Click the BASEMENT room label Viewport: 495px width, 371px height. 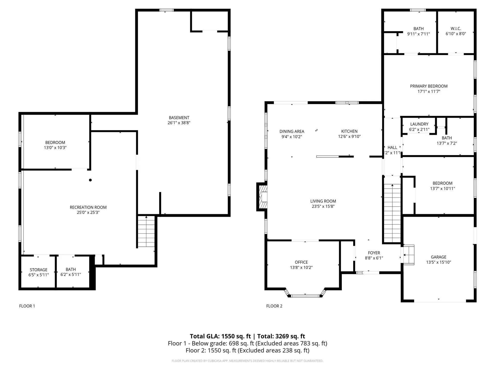[x=179, y=117]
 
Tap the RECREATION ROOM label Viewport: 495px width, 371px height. [x=88, y=207]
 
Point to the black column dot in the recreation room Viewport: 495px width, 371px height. [x=90, y=180]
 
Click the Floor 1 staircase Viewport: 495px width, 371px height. [x=146, y=232]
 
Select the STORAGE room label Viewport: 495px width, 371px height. [x=38, y=270]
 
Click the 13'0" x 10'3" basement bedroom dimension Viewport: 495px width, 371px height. [x=55, y=148]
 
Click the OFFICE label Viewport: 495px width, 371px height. [x=301, y=262]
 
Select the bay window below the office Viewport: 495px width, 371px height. [x=305, y=296]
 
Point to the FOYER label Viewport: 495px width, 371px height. [x=374, y=253]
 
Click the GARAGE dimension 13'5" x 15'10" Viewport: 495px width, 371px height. [x=438, y=262]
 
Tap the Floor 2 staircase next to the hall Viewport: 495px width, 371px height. [x=392, y=213]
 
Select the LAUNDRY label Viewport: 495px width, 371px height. [x=419, y=124]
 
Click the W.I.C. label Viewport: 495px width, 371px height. [x=456, y=29]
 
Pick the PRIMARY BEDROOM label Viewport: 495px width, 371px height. [x=429, y=86]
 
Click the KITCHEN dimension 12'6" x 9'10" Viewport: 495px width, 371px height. [x=349, y=137]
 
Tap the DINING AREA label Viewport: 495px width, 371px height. [x=292, y=131]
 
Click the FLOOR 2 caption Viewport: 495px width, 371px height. [x=274, y=306]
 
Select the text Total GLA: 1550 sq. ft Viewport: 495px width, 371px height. [x=220, y=336]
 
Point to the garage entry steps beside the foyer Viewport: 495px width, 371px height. [x=409, y=255]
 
